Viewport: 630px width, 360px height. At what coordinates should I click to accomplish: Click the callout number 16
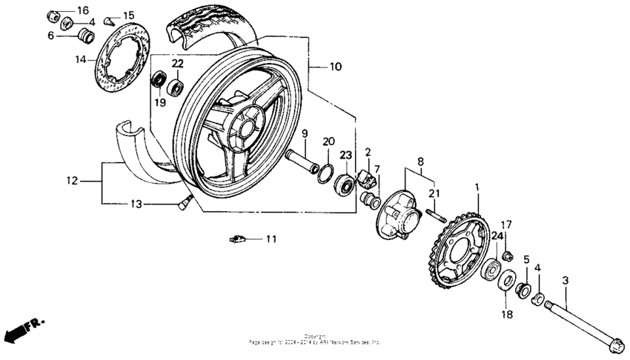click(82, 10)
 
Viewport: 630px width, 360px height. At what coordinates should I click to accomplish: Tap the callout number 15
click(128, 16)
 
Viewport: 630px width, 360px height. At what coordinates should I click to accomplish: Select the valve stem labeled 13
click(184, 201)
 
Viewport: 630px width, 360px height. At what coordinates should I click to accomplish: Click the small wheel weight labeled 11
click(237, 239)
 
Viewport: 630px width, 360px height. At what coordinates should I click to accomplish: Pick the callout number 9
click(303, 133)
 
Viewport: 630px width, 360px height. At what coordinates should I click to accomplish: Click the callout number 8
click(420, 161)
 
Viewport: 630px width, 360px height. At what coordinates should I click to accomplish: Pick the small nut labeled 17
click(508, 256)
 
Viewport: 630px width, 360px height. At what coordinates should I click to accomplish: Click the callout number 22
click(178, 64)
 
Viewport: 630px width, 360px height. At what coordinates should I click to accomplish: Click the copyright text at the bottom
click(315, 341)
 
